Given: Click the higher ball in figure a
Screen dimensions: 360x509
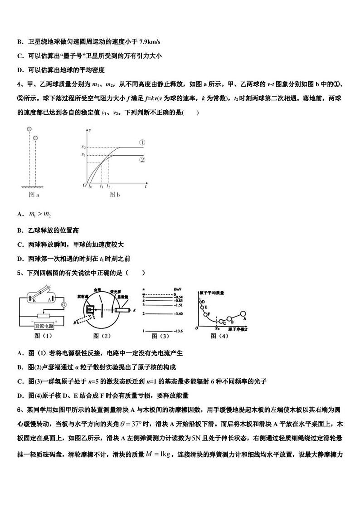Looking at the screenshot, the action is [x=29, y=129].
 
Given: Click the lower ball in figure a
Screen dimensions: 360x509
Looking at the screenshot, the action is [x=35, y=137].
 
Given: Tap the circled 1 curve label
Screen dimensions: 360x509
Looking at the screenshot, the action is [x=142, y=142].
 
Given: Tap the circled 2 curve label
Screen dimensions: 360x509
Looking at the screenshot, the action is [x=142, y=160].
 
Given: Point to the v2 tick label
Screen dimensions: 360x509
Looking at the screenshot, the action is [x=83, y=147].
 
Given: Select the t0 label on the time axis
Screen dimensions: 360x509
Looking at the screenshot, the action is [x=91, y=186].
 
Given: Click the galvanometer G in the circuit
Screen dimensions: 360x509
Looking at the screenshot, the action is [x=64, y=305].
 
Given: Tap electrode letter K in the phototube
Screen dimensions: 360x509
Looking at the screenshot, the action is [x=34, y=300].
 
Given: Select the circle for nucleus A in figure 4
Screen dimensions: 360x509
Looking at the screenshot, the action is [x=243, y=313].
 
